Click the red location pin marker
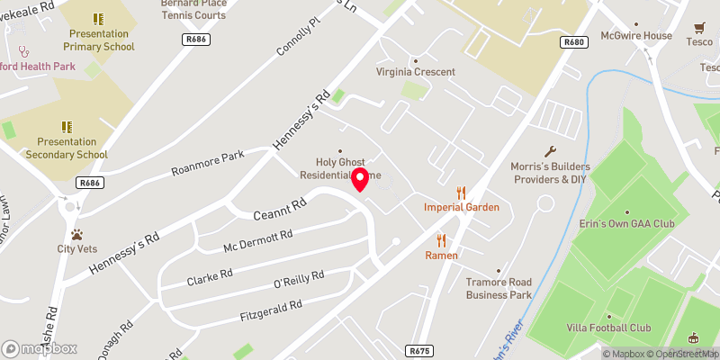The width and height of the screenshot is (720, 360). (x=360, y=179)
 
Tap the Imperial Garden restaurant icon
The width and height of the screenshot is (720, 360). (x=462, y=192)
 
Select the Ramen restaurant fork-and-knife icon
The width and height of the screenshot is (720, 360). (x=442, y=240)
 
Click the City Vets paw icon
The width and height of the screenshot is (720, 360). (x=77, y=234)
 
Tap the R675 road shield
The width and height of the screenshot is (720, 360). (x=417, y=350)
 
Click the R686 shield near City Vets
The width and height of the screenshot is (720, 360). (x=88, y=183)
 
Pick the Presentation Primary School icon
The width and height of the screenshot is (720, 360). (x=98, y=19)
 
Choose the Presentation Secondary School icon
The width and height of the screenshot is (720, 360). (x=66, y=127)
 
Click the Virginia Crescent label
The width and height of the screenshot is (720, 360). (x=416, y=72)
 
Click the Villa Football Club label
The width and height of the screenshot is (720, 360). (x=609, y=328)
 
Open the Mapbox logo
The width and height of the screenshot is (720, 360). (x=40, y=348)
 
